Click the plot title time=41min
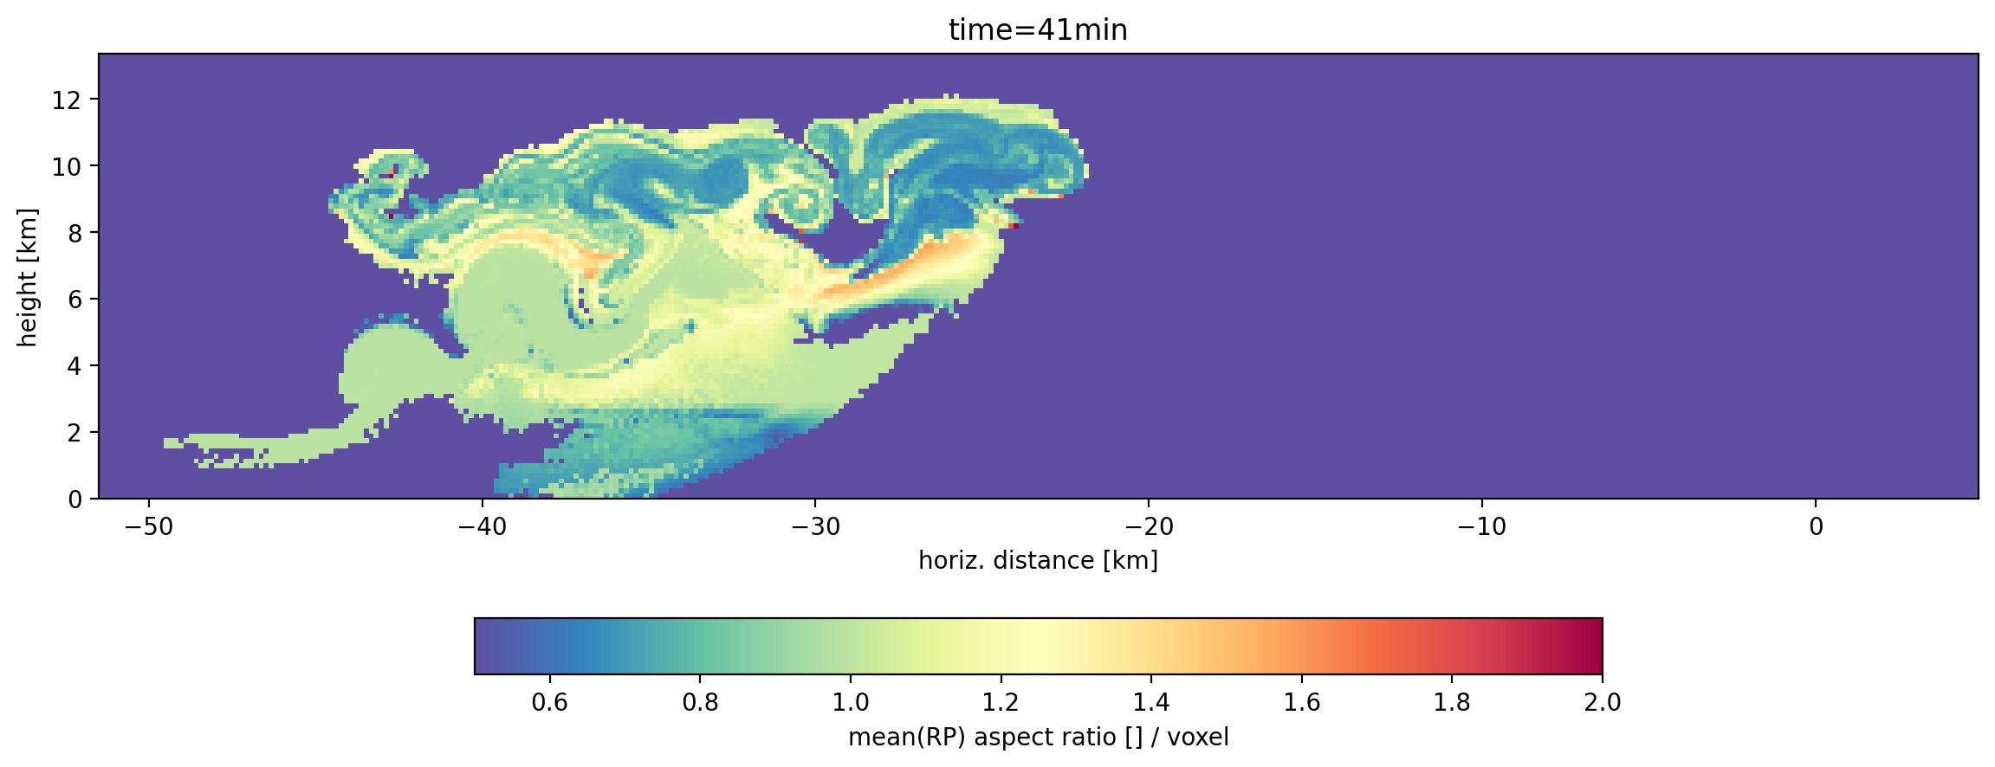point(1038,31)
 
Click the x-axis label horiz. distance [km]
point(1038,561)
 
